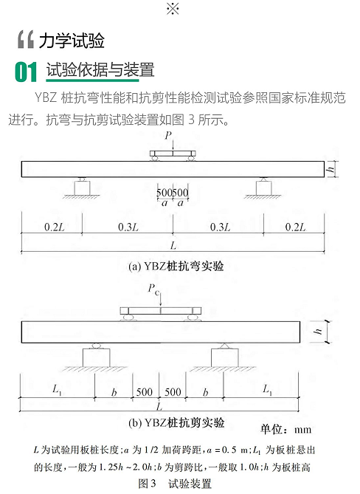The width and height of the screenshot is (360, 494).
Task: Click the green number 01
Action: click(26, 72)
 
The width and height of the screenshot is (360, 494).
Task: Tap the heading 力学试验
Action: click(72, 41)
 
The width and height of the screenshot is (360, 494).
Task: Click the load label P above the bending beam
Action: click(168, 135)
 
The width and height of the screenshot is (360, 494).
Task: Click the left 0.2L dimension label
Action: click(55, 227)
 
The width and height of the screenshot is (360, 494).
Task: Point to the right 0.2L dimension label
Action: click(295, 227)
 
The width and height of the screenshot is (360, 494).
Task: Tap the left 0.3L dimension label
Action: click(128, 227)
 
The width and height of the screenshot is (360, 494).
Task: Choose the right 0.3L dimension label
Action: click(220, 227)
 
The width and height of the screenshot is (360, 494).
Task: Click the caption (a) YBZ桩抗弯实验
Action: click(176, 267)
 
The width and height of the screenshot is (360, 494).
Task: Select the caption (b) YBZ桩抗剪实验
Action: click(176, 422)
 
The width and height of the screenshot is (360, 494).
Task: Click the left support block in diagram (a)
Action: click(82, 188)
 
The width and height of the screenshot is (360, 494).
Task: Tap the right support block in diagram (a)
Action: click(263, 188)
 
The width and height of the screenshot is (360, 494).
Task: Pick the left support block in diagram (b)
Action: click(97, 357)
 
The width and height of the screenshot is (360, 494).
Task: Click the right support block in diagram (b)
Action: click(225, 357)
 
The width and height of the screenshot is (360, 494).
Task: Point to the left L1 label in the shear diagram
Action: click(57, 390)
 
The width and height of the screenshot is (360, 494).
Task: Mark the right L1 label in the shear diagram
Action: click(268, 390)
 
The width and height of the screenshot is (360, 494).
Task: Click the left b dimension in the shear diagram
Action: click(114, 392)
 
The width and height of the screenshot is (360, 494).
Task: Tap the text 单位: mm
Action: click(285, 430)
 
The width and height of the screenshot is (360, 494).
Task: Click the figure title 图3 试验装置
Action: click(175, 484)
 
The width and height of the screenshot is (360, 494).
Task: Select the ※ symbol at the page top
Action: click(173, 9)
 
